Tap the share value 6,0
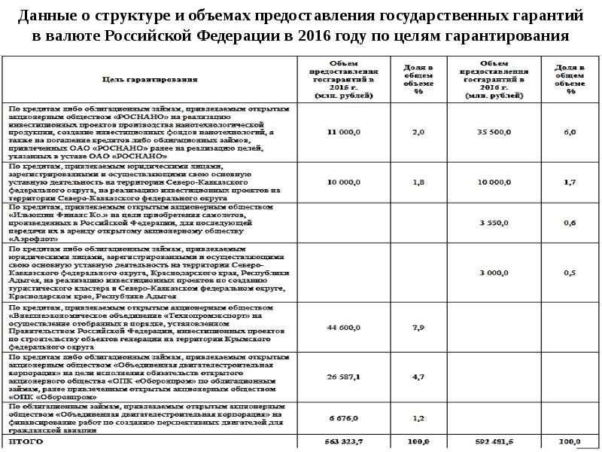(570, 132)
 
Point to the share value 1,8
(419, 182)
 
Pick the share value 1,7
(570, 182)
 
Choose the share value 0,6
(570, 223)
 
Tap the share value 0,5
(570, 272)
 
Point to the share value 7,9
(419, 328)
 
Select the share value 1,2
(419, 417)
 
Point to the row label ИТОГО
(26, 441)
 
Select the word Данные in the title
(52, 14)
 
